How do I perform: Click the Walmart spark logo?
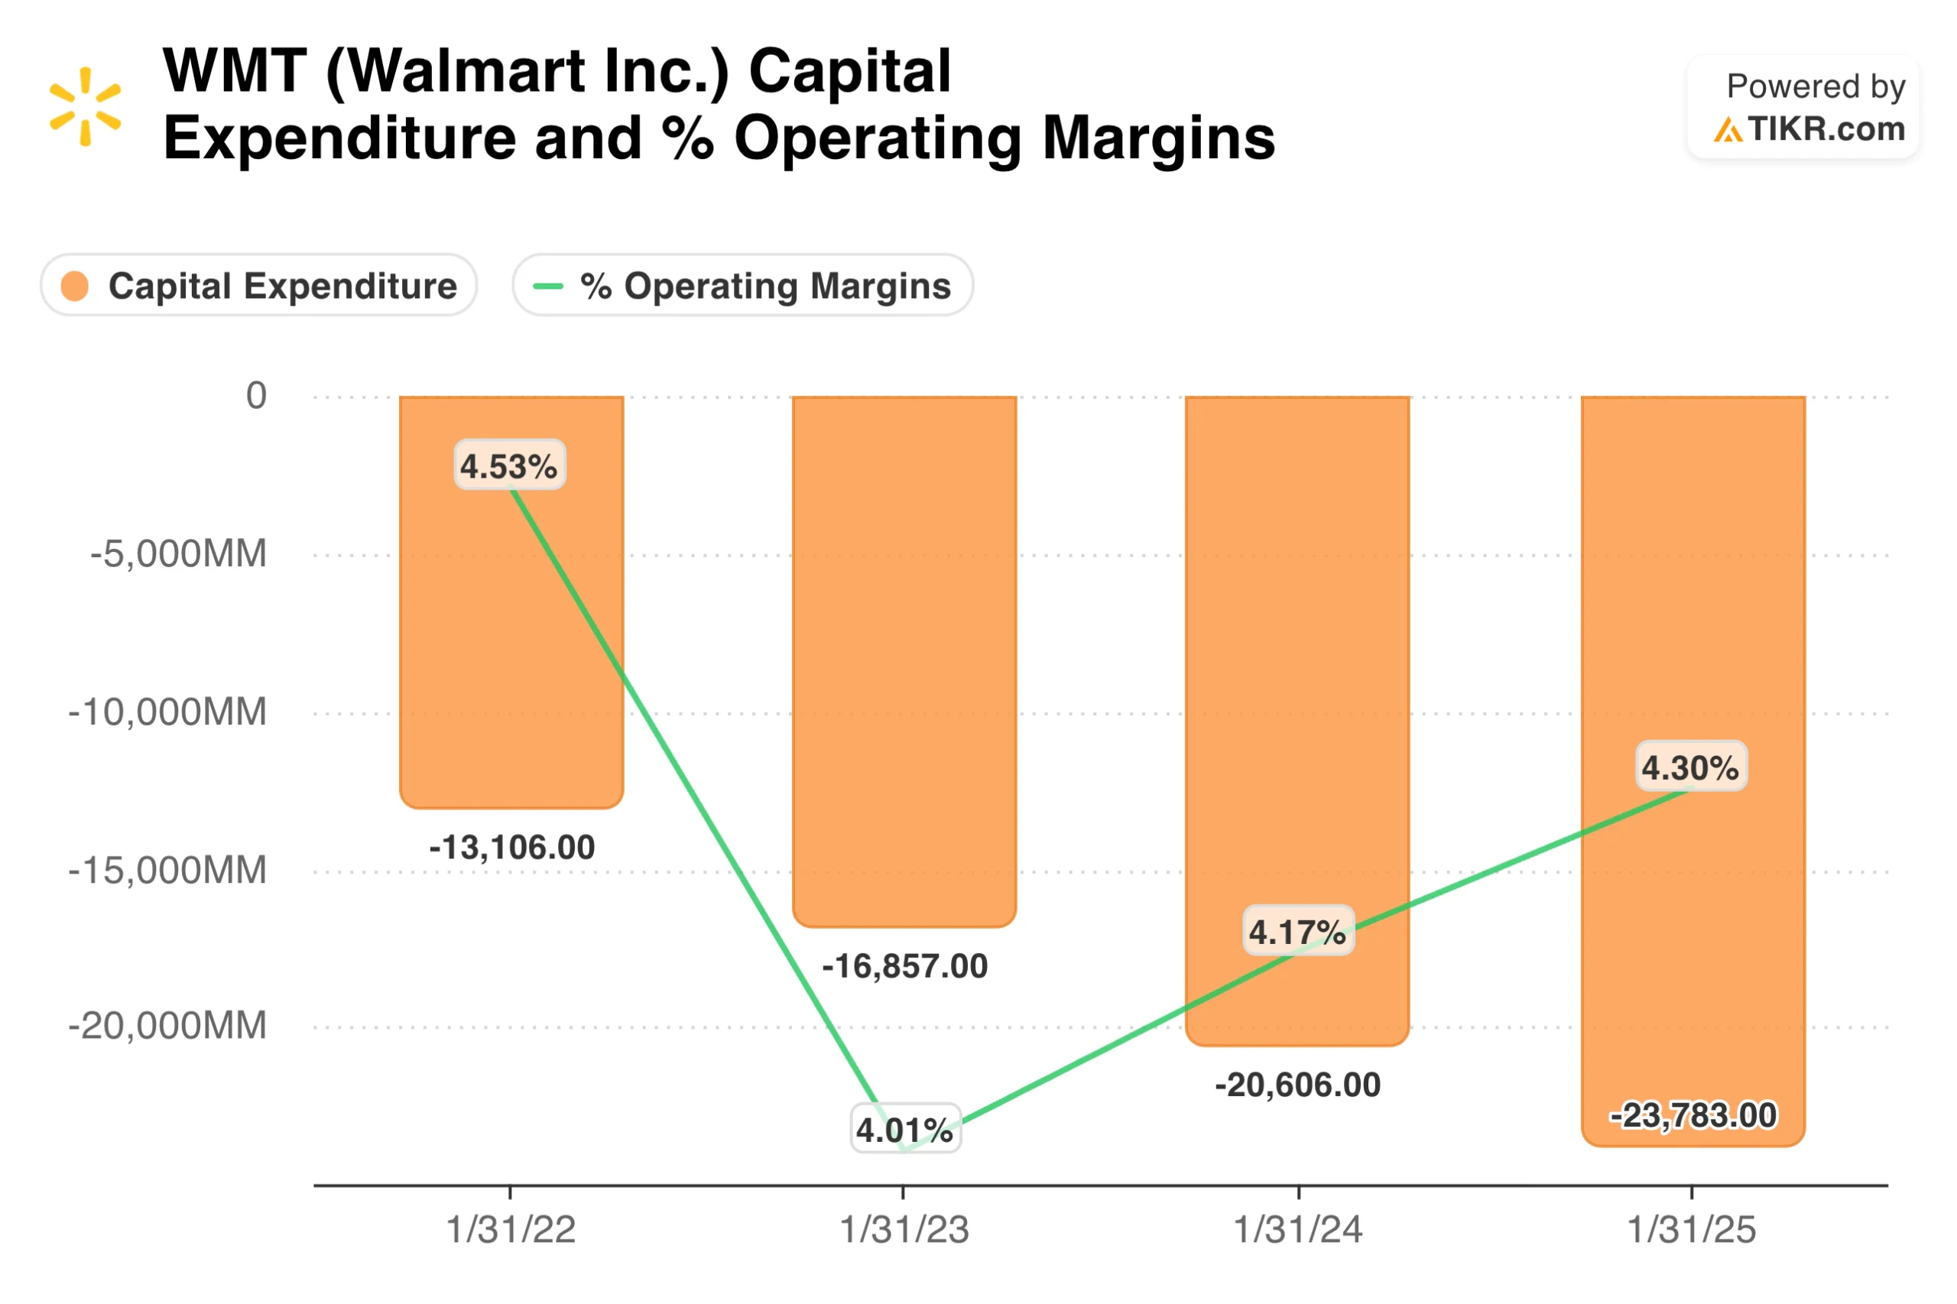pyautogui.click(x=85, y=106)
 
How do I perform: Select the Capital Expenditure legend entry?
pyautogui.click(x=258, y=285)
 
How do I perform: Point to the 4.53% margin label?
pyautogui.click(x=509, y=465)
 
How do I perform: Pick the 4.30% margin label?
pyautogui.click(x=1691, y=766)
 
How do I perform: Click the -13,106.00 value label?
pyautogui.click(x=511, y=848)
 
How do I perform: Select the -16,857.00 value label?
pyautogui.click(x=905, y=966)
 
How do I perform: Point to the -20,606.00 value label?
pyautogui.click(x=1297, y=1085)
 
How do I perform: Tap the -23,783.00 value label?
pyautogui.click(x=1692, y=1115)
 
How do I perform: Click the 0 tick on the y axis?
pyautogui.click(x=256, y=396)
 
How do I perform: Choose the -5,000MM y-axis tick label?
pyautogui.click(x=178, y=554)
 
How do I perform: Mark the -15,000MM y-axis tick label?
pyautogui.click(x=167, y=871)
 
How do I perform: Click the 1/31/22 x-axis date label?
pyautogui.click(x=511, y=1229)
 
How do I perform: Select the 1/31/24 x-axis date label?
pyautogui.click(x=1297, y=1229)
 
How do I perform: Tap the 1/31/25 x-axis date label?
pyautogui.click(x=1691, y=1229)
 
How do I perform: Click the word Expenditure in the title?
pyautogui.click(x=339, y=138)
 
